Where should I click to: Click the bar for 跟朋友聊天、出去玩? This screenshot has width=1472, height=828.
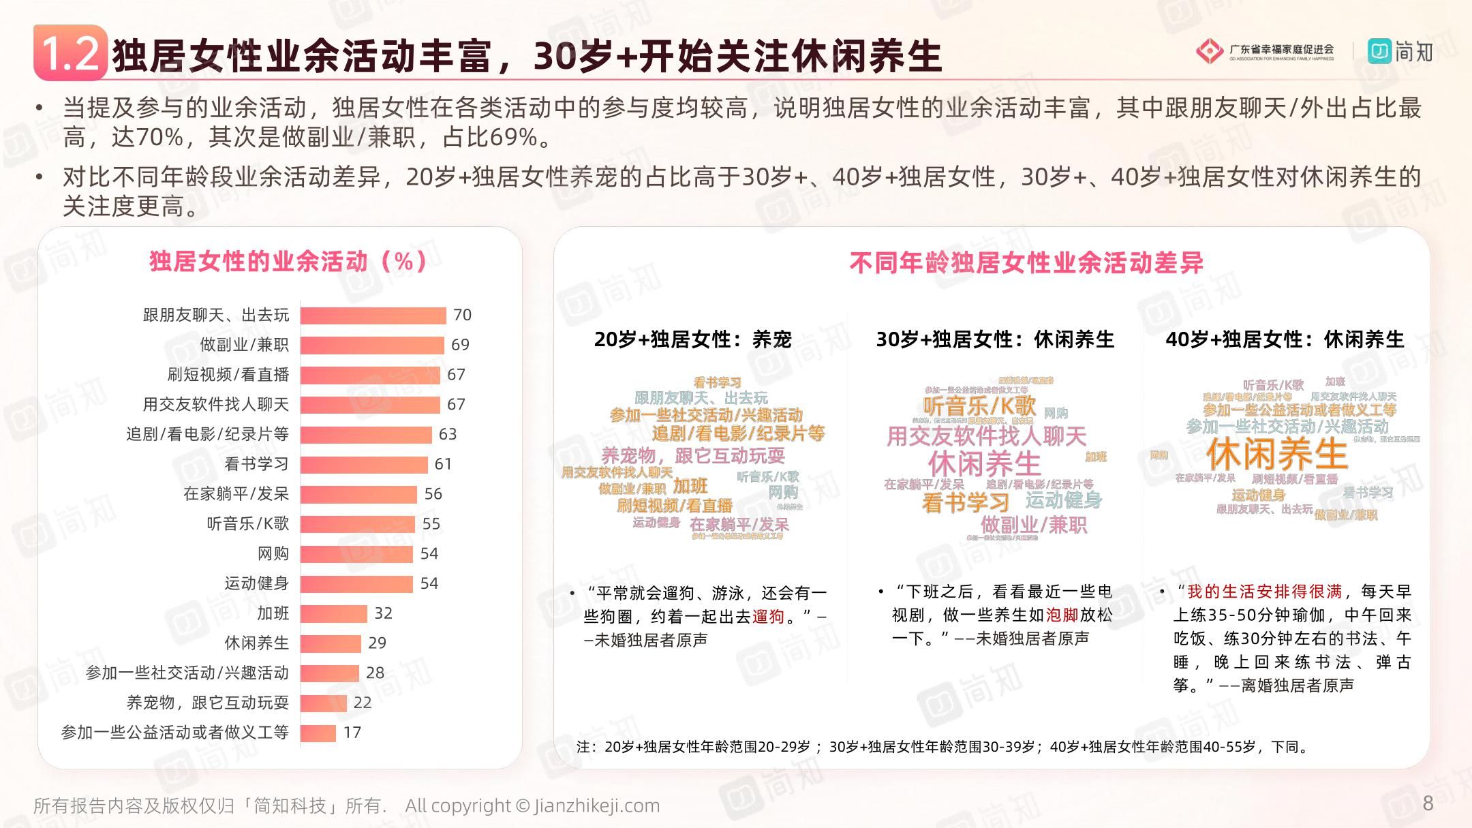(x=373, y=316)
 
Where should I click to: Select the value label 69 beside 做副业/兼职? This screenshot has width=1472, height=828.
(x=460, y=345)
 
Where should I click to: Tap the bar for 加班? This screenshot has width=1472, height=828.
(x=333, y=614)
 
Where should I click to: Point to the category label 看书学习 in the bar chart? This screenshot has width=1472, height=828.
(x=256, y=464)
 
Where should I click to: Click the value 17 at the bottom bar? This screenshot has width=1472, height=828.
(x=352, y=733)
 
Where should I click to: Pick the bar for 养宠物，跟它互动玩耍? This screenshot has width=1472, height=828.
(x=323, y=703)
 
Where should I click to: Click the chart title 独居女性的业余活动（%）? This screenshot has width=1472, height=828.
(x=288, y=261)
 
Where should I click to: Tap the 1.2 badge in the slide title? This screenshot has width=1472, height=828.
(x=70, y=53)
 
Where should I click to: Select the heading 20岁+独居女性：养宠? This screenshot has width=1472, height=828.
(x=692, y=339)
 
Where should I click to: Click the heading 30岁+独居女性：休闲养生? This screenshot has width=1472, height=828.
(x=994, y=339)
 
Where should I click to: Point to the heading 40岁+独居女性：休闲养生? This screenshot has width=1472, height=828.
(x=1285, y=339)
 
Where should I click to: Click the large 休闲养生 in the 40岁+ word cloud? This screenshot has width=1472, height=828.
(x=1276, y=454)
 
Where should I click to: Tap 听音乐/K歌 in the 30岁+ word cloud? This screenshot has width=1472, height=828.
(x=979, y=406)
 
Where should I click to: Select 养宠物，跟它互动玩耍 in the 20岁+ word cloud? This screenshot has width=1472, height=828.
(x=692, y=455)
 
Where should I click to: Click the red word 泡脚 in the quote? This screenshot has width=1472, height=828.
(x=1062, y=615)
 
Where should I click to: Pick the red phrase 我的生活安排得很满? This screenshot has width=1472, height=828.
(x=1264, y=592)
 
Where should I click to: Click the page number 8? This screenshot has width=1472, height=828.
(x=1428, y=803)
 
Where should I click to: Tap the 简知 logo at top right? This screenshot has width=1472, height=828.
(x=1400, y=52)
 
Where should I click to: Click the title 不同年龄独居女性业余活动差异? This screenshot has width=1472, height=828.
(x=1026, y=263)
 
